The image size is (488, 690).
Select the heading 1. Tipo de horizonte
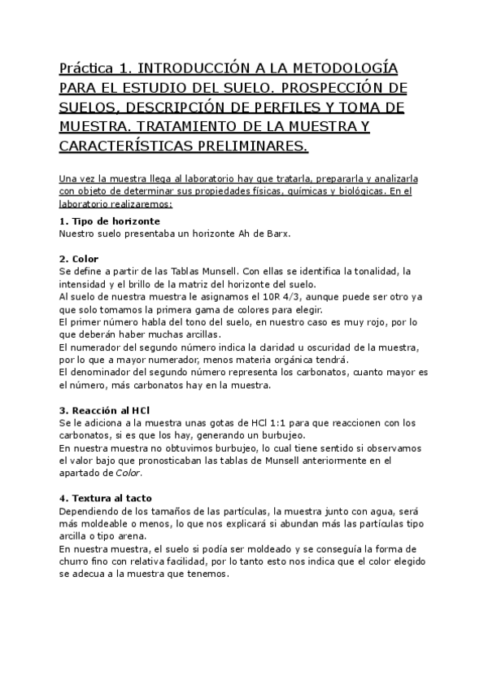110,221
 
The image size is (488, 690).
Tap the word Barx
276,234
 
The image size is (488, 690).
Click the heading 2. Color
80,259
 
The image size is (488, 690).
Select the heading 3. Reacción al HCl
105,410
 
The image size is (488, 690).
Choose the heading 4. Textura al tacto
106,499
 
